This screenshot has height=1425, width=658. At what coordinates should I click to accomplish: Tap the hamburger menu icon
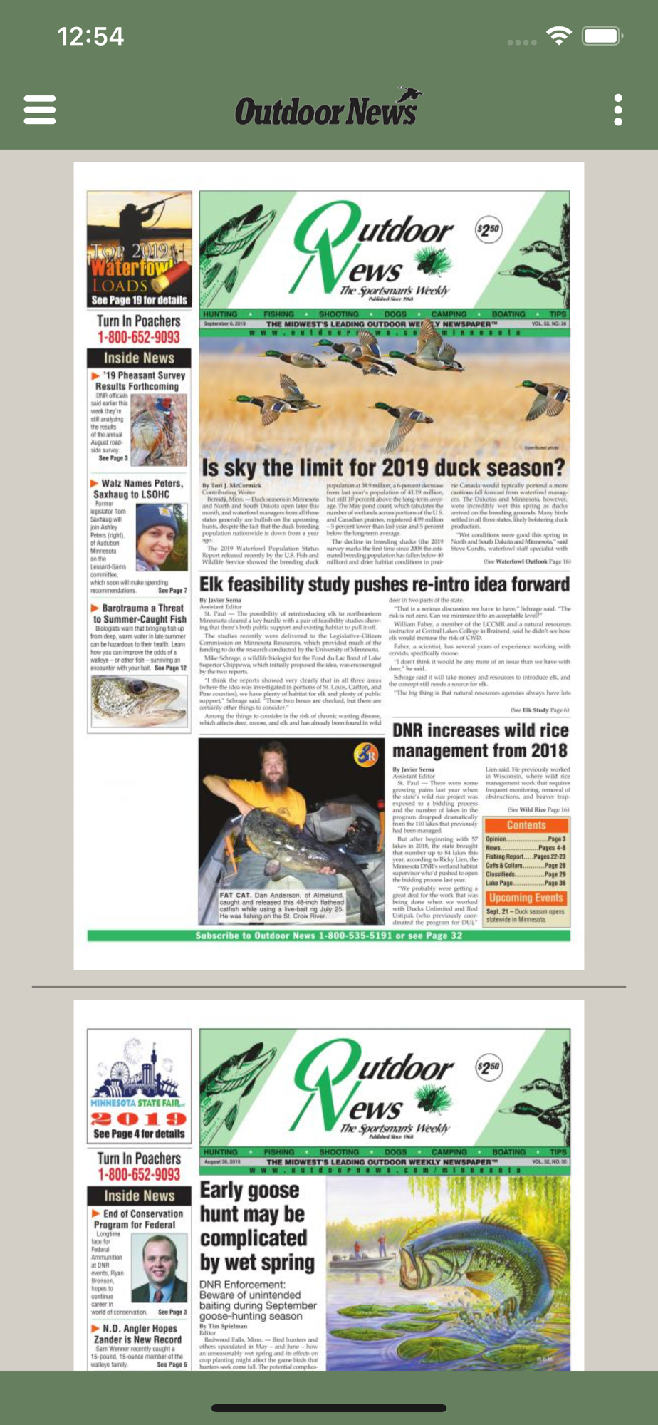pyautogui.click(x=40, y=110)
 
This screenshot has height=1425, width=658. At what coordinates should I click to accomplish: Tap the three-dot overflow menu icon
pyautogui.click(x=617, y=110)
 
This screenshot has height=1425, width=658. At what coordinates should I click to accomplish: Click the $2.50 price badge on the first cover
pyautogui.click(x=489, y=229)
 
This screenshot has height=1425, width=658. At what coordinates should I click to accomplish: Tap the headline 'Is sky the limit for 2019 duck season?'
pyautogui.click(x=383, y=468)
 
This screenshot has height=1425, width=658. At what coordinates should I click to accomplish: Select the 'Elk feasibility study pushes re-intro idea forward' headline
pyautogui.click(x=385, y=584)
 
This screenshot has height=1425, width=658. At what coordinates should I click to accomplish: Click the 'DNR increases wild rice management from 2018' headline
pyautogui.click(x=480, y=740)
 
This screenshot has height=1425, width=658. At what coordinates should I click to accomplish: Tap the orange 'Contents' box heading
pyautogui.click(x=526, y=825)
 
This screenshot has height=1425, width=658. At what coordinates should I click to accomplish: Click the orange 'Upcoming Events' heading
pyautogui.click(x=526, y=898)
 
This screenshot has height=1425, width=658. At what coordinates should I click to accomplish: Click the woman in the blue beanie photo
pyautogui.click(x=162, y=536)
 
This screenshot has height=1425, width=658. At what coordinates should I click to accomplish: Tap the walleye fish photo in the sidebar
pyautogui.click(x=140, y=699)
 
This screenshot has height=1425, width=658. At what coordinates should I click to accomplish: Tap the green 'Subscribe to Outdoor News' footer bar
pyautogui.click(x=328, y=936)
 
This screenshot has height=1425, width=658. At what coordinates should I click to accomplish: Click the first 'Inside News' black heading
pyautogui.click(x=139, y=358)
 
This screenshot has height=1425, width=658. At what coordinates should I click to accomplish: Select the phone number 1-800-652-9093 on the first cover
pyautogui.click(x=139, y=337)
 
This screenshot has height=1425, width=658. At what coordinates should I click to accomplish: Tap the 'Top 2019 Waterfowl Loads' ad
pyautogui.click(x=139, y=249)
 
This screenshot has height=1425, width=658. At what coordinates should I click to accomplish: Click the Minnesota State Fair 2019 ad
pyautogui.click(x=139, y=1086)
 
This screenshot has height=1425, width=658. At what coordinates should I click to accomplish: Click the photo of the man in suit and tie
pyautogui.click(x=164, y=1269)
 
